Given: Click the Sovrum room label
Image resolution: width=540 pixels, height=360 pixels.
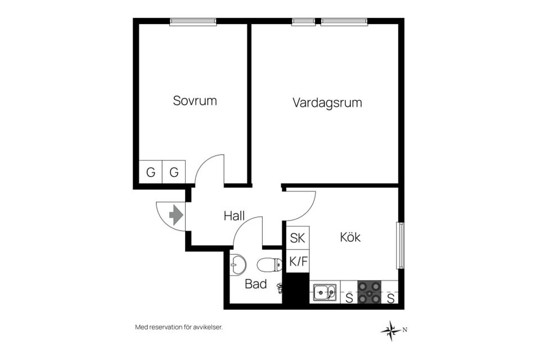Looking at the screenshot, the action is click(x=195, y=101).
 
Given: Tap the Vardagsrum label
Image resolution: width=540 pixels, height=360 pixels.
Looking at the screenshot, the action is click(x=327, y=103).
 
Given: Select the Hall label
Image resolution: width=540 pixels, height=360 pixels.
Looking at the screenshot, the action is click(x=234, y=216).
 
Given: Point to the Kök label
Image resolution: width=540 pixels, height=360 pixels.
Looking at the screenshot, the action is click(x=350, y=237).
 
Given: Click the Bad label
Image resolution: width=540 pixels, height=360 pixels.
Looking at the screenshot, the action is click(x=256, y=284).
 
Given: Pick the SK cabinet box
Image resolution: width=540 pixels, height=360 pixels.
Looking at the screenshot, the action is click(x=298, y=238).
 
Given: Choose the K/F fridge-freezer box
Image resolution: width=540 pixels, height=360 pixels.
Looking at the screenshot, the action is click(x=298, y=261).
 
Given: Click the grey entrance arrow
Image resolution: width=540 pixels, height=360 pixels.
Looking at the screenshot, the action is click(x=176, y=215).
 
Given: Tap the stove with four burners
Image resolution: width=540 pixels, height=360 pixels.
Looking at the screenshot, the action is click(x=370, y=292).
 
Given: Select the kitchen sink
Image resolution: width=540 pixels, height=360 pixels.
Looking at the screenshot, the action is click(x=325, y=293).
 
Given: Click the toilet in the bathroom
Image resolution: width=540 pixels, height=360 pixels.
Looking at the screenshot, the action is click(x=269, y=264).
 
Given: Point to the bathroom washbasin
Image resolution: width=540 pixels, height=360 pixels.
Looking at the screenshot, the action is click(x=238, y=264).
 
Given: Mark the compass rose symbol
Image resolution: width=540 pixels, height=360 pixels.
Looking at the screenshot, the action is click(x=391, y=331).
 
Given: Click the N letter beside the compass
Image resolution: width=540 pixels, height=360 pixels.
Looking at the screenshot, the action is click(x=405, y=330).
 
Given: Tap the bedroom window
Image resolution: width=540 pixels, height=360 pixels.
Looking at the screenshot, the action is click(x=193, y=22).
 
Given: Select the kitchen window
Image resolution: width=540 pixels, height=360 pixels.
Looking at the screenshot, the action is click(x=400, y=245).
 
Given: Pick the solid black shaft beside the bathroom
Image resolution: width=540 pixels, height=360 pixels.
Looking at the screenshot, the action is click(x=296, y=289).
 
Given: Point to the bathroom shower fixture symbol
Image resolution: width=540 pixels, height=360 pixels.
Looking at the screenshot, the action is click(x=280, y=287).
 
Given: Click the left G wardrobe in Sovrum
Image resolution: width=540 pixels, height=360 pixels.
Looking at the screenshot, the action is click(x=151, y=172).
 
